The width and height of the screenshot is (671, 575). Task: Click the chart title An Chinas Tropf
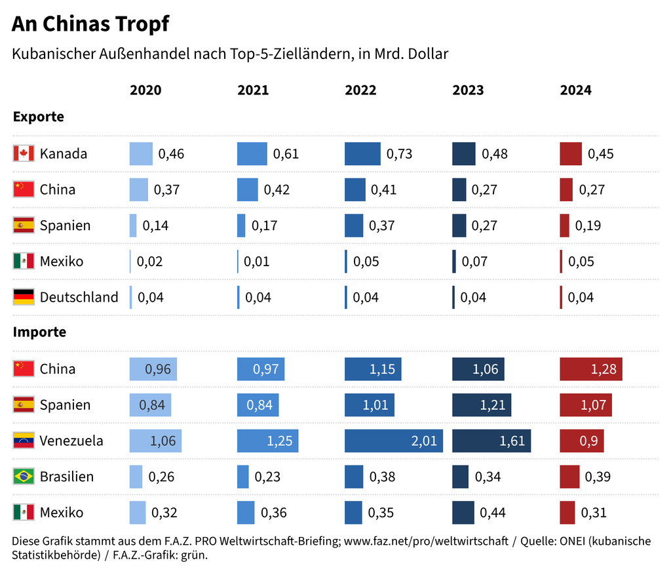click(x=90, y=24)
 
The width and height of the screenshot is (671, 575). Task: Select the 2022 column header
click(x=360, y=90)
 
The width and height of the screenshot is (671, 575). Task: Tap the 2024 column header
click(x=575, y=90)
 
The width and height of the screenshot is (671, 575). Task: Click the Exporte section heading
click(x=39, y=117)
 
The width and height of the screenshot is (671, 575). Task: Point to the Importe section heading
click(x=39, y=332)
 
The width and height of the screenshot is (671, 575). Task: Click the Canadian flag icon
click(x=24, y=154)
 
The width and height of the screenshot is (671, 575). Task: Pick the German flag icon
click(x=24, y=297)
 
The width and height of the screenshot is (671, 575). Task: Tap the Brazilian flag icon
click(x=24, y=477)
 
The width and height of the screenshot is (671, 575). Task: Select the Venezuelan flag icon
click(x=24, y=441)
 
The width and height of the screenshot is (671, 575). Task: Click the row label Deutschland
click(x=79, y=297)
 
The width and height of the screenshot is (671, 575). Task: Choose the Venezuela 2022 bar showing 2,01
click(x=393, y=441)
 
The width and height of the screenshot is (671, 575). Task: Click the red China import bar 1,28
click(x=590, y=369)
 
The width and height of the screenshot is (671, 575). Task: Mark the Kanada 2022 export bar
click(x=362, y=154)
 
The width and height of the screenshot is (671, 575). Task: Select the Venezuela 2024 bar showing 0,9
click(x=581, y=441)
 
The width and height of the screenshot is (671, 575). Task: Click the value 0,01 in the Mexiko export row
click(x=257, y=262)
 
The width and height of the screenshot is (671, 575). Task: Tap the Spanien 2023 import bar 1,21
click(x=481, y=405)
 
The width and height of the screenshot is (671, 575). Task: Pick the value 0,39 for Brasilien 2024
click(x=598, y=477)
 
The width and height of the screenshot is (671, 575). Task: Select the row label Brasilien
click(x=66, y=477)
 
